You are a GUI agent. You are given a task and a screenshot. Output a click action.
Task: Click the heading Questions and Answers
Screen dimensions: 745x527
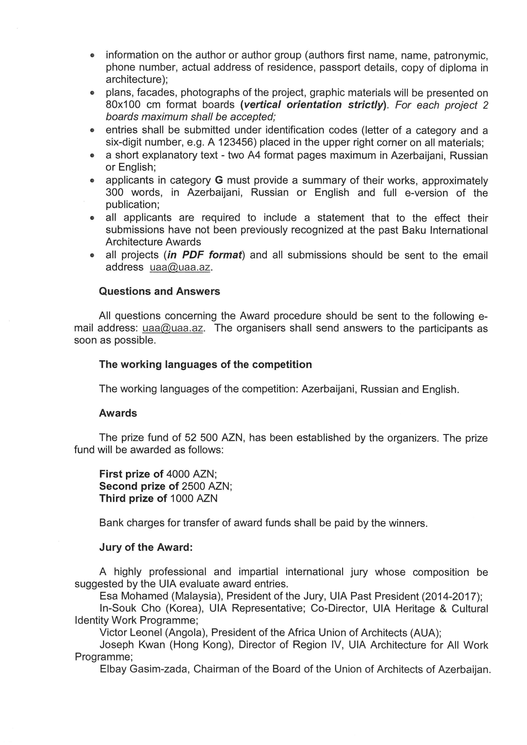159,291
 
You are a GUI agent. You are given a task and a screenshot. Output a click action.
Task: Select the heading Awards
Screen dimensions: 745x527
118,413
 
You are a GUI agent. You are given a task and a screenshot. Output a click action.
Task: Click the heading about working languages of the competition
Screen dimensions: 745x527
205,364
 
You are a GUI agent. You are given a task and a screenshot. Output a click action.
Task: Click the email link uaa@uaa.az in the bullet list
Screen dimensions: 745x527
180,267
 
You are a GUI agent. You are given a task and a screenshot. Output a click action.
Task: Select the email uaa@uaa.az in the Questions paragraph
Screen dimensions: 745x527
173,328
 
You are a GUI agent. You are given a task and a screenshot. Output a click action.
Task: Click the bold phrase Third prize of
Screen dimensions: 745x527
133,498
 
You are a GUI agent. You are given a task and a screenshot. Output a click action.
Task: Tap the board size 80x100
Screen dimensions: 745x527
123,105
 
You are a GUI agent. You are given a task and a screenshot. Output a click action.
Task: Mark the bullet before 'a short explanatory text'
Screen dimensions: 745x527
92,156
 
